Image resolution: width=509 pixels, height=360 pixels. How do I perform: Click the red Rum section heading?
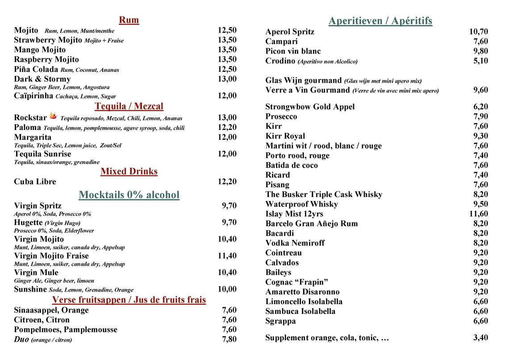click(x=129, y=20)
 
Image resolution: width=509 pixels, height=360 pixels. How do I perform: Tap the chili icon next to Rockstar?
click(x=54, y=117)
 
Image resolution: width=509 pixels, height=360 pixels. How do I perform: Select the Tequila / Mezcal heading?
click(x=129, y=106)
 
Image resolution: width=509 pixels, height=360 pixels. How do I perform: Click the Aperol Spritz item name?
click(x=290, y=32)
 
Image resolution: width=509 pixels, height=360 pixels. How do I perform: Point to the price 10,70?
click(x=478, y=32)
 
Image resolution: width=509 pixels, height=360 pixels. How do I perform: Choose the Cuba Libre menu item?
click(x=35, y=182)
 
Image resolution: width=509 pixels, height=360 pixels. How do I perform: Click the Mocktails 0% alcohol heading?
click(x=129, y=195)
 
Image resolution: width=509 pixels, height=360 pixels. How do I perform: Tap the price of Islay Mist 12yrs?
click(x=478, y=214)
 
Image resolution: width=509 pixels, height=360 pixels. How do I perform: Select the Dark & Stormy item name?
click(x=42, y=79)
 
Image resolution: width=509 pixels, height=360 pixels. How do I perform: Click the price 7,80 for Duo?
click(x=229, y=339)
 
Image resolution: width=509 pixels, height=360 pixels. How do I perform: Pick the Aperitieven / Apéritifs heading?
click(x=380, y=21)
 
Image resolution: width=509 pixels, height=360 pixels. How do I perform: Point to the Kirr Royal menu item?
click(x=285, y=136)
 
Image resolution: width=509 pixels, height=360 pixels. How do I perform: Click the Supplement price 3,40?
click(x=480, y=338)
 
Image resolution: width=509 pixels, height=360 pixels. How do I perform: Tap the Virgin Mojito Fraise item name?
click(x=51, y=256)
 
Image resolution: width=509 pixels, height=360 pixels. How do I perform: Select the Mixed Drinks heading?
click(x=129, y=172)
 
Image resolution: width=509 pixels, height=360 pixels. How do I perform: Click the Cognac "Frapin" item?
click(x=296, y=282)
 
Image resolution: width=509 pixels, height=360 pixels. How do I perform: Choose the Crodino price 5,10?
click(x=480, y=61)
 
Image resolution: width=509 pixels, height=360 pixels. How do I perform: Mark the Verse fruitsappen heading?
click(x=129, y=300)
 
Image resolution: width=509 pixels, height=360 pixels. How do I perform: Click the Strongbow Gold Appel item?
click(x=310, y=107)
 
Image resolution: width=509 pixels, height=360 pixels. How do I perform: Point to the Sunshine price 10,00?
click(x=227, y=289)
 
